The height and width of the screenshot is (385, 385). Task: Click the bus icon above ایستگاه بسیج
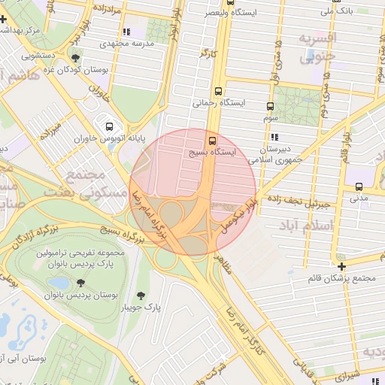click(211, 140)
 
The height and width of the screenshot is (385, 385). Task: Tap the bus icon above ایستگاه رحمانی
click(218, 89)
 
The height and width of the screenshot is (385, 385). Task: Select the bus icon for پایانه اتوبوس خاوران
click(110, 126)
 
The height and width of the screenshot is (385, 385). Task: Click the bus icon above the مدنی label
click(358, 186)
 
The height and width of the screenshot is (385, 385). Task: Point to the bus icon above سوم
click(270, 106)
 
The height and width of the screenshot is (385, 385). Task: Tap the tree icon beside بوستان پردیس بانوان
click(80, 283)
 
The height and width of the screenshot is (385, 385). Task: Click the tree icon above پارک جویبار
click(141, 295)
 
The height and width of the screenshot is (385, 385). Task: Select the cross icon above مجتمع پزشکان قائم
click(342, 266)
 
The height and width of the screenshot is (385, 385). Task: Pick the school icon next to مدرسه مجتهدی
click(126, 32)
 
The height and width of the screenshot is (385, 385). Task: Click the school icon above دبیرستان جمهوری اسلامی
click(274, 137)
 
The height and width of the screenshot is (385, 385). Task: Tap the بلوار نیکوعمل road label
click(240, 215)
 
